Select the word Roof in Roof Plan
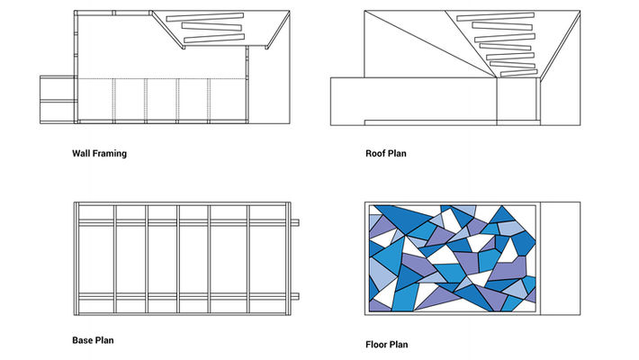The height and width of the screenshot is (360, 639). pos(374,154)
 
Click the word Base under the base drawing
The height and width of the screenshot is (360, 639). pos(82,341)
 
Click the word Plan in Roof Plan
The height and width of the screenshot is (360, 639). pos(396,154)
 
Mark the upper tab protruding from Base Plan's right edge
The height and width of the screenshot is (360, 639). pos(297,222)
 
